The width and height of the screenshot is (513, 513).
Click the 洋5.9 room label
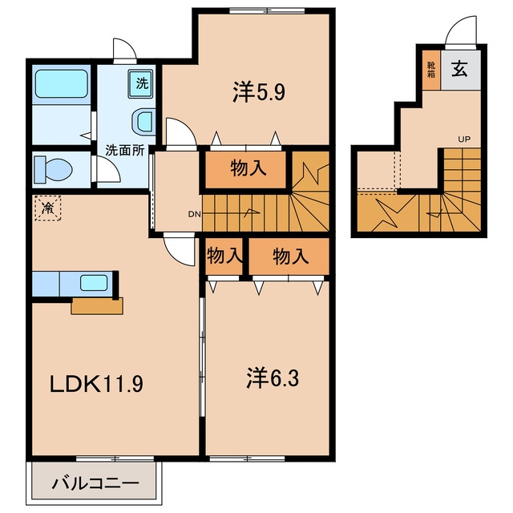[259, 92]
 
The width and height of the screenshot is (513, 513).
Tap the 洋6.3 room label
[273, 378]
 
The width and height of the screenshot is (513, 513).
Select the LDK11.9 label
[96, 384]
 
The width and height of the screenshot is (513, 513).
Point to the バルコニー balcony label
[95, 483]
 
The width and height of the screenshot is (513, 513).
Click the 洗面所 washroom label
[125, 150]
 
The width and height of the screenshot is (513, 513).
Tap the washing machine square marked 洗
[141, 83]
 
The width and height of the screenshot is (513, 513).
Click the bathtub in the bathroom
[62, 83]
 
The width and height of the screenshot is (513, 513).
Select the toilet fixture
[53, 169]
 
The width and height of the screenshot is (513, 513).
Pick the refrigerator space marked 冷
[48, 208]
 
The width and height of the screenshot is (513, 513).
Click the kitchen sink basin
[94, 283]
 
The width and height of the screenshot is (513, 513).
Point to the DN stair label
[194, 215]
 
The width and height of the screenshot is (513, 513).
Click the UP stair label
[464, 139]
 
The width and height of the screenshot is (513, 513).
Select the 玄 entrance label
[459, 69]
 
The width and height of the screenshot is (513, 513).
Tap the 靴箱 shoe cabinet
[431, 70]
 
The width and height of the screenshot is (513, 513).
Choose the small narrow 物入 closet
[224, 256]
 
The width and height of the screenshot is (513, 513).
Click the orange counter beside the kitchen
[97, 306]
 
